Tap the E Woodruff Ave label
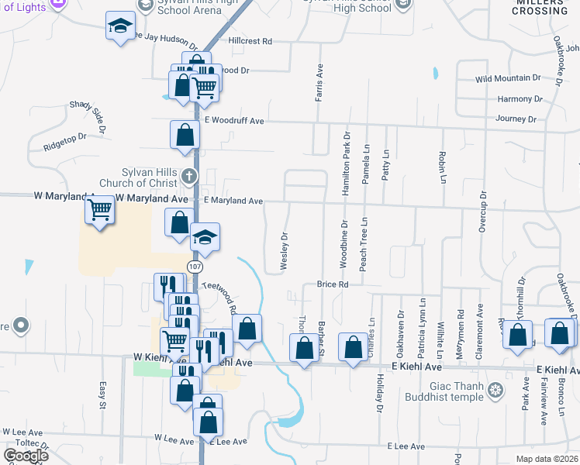pyautogui.click(x=234, y=121)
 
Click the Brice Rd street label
pyautogui.click(x=333, y=284)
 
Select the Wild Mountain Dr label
pyautogui.click(x=508, y=78)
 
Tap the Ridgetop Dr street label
pyautogui.click(x=64, y=140)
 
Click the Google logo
pyautogui.click(x=26, y=456)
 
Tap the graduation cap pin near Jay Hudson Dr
pyautogui.click(x=120, y=28)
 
